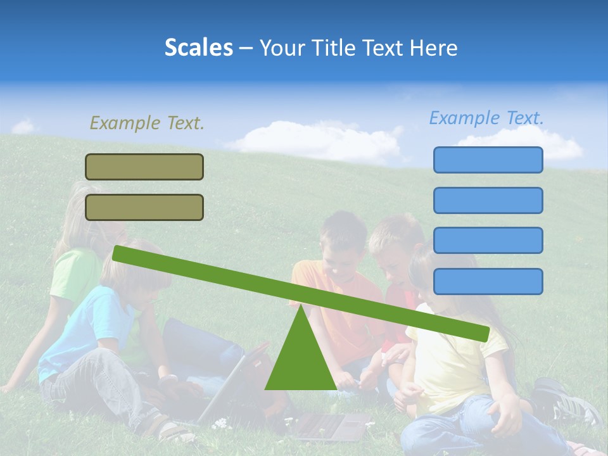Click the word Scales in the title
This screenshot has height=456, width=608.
tap(198, 47)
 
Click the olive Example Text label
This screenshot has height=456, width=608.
tap(147, 123)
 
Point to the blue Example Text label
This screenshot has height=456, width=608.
tap(486, 118)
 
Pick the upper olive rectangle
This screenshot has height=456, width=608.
tap(144, 167)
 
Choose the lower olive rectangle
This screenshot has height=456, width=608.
tap(144, 207)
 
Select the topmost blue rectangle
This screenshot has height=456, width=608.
tap(488, 160)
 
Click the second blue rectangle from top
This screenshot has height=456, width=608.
tap(488, 200)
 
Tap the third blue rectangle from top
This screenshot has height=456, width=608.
tap(488, 241)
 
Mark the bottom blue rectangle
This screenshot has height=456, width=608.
tap(488, 281)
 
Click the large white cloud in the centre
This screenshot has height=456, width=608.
tap(317, 142)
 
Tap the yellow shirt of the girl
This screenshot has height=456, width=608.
tap(450, 367)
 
